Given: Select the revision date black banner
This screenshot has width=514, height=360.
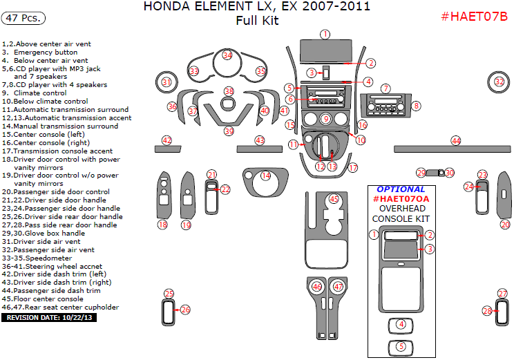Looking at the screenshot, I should [x=50, y=318].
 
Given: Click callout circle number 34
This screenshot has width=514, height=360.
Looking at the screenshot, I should [x=228, y=55].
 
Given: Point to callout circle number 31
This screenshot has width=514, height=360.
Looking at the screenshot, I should [x=166, y=82].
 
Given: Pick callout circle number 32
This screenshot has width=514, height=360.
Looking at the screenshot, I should [x=499, y=82].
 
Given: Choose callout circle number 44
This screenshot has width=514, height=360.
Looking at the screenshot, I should [x=456, y=140].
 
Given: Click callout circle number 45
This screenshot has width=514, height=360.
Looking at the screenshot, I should [x=334, y=199].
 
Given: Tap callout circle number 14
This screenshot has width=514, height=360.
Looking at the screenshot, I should [x=266, y=176].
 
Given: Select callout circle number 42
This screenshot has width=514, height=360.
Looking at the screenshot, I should [x=166, y=140].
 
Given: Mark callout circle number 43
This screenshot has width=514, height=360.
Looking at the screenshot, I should [x=260, y=140].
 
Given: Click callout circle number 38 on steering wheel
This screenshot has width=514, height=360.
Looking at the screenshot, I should [x=229, y=91].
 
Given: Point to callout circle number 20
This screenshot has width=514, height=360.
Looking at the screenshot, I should [x=505, y=225].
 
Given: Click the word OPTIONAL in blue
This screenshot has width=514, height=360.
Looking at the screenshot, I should [x=401, y=189].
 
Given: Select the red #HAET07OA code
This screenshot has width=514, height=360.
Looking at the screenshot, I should [x=401, y=199].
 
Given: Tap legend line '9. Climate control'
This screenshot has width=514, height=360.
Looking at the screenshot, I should [x=35, y=93].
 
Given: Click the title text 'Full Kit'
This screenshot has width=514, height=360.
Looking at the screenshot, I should [x=257, y=21].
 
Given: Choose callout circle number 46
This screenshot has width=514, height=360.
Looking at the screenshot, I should [x=317, y=286].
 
